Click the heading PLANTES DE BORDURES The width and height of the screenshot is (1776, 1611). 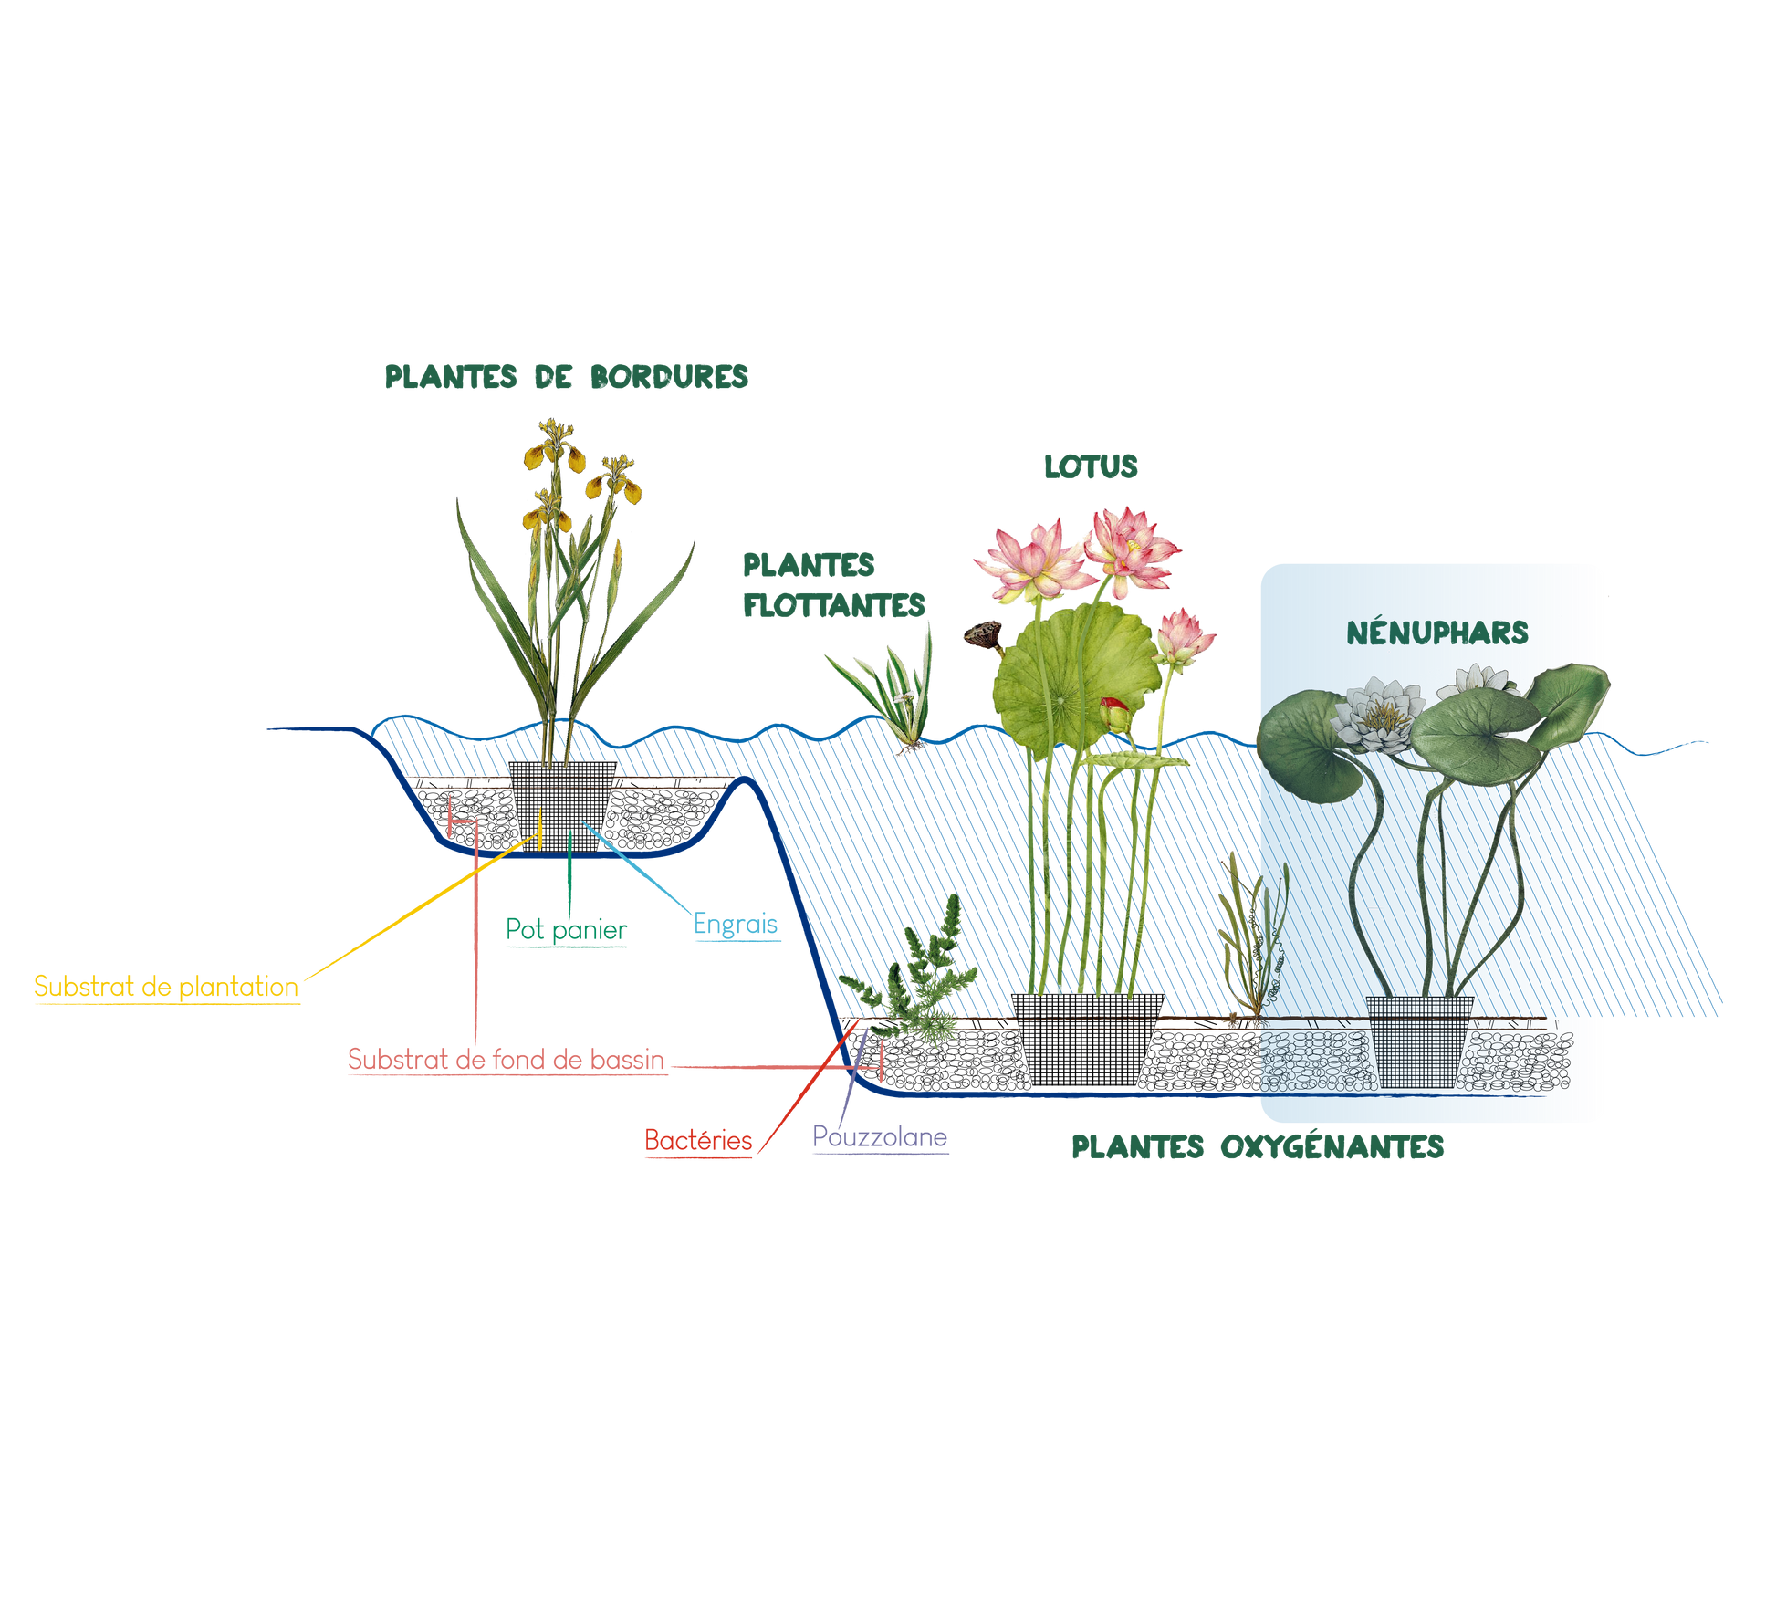pyautogui.click(x=566, y=376)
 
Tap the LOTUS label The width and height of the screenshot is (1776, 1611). pyautogui.click(x=1091, y=466)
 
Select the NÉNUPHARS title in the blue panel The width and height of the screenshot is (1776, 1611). pyautogui.click(x=1437, y=633)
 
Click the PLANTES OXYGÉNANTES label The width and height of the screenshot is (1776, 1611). pyautogui.click(x=1257, y=1146)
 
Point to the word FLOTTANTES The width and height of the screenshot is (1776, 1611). pyautogui.click(x=834, y=605)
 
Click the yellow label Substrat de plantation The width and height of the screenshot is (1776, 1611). pyautogui.click(x=166, y=987)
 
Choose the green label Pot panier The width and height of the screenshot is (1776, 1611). pyautogui.click(x=566, y=929)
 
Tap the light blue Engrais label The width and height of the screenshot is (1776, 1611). pyautogui.click(x=736, y=925)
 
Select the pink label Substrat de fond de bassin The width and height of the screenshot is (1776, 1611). pyautogui.click(x=506, y=1059)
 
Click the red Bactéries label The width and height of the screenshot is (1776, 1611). pyautogui.click(x=698, y=1140)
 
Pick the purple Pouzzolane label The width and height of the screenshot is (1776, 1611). pyautogui.click(x=880, y=1137)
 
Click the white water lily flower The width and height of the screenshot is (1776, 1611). pyautogui.click(x=1378, y=713)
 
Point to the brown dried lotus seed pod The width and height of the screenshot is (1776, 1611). pyautogui.click(x=982, y=633)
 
